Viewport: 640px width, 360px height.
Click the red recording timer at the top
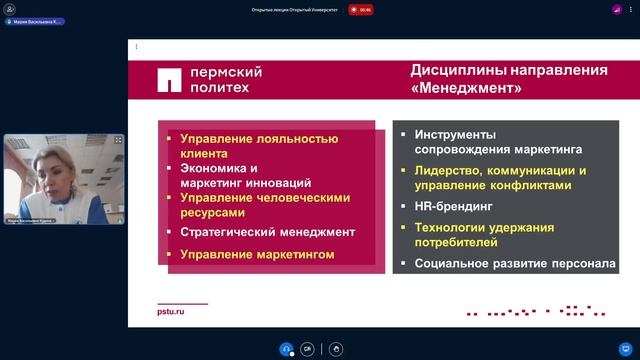click(x=365, y=9)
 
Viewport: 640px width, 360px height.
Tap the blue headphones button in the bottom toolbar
click(x=286, y=348)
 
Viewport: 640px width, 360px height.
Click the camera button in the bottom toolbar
click(x=307, y=348)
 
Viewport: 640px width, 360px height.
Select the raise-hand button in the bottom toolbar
click(x=336, y=348)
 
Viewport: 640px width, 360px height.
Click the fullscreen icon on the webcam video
click(x=118, y=140)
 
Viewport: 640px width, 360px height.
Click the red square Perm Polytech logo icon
click(x=171, y=79)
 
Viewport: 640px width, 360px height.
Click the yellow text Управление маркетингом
click(x=257, y=255)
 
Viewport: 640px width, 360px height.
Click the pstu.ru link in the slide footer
click(x=171, y=311)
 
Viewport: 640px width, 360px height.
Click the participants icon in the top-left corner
click(x=10, y=9)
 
